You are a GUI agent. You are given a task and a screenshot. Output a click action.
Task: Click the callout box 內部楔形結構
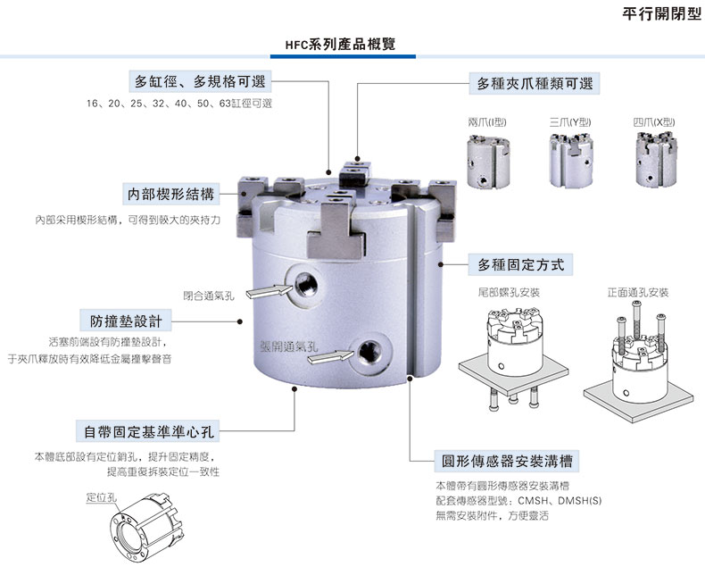coord(170,194)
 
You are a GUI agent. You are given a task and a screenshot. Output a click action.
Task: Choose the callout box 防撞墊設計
coord(125,320)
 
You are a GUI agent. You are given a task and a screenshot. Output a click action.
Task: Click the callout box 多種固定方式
coord(520,264)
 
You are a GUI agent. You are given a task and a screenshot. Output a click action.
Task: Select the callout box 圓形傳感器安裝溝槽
coord(507,461)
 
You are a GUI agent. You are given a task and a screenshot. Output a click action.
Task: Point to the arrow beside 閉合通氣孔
coord(265,291)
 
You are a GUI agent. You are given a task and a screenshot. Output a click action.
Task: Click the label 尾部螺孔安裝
coord(509,293)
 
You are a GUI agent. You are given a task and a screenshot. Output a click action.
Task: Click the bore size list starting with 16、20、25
coord(179,104)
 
